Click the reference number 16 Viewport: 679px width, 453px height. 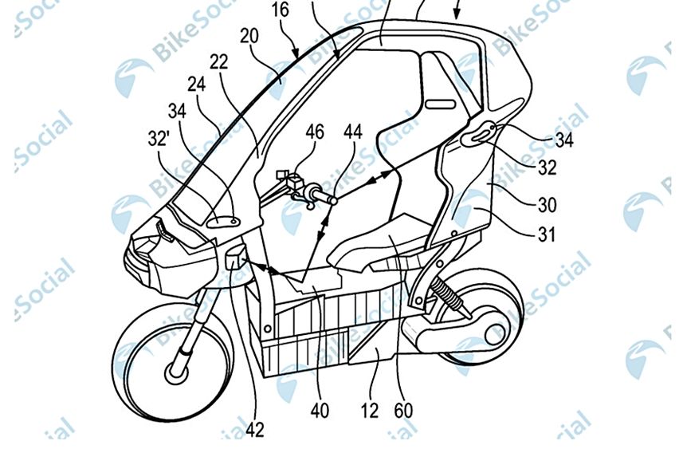coord(281,10)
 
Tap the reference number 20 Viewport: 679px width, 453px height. coord(249,36)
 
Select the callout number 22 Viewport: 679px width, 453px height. coord(218,62)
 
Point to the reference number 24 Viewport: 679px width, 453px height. coord(196,84)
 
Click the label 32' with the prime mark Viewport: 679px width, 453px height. coord(158,139)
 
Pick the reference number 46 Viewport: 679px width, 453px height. coord(315,132)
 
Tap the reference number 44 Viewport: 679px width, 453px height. coord(353,132)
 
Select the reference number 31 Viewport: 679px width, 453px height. coord(546,234)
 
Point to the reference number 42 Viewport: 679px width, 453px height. coord(255,430)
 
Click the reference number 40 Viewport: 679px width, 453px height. coord(320,410)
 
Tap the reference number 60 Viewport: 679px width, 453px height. coord(403,410)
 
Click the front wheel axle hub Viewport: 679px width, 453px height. coord(176,372)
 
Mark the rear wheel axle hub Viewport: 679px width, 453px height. coord(496,334)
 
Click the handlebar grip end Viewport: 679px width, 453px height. coord(332,200)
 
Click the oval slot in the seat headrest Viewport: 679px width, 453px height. coord(441,104)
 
